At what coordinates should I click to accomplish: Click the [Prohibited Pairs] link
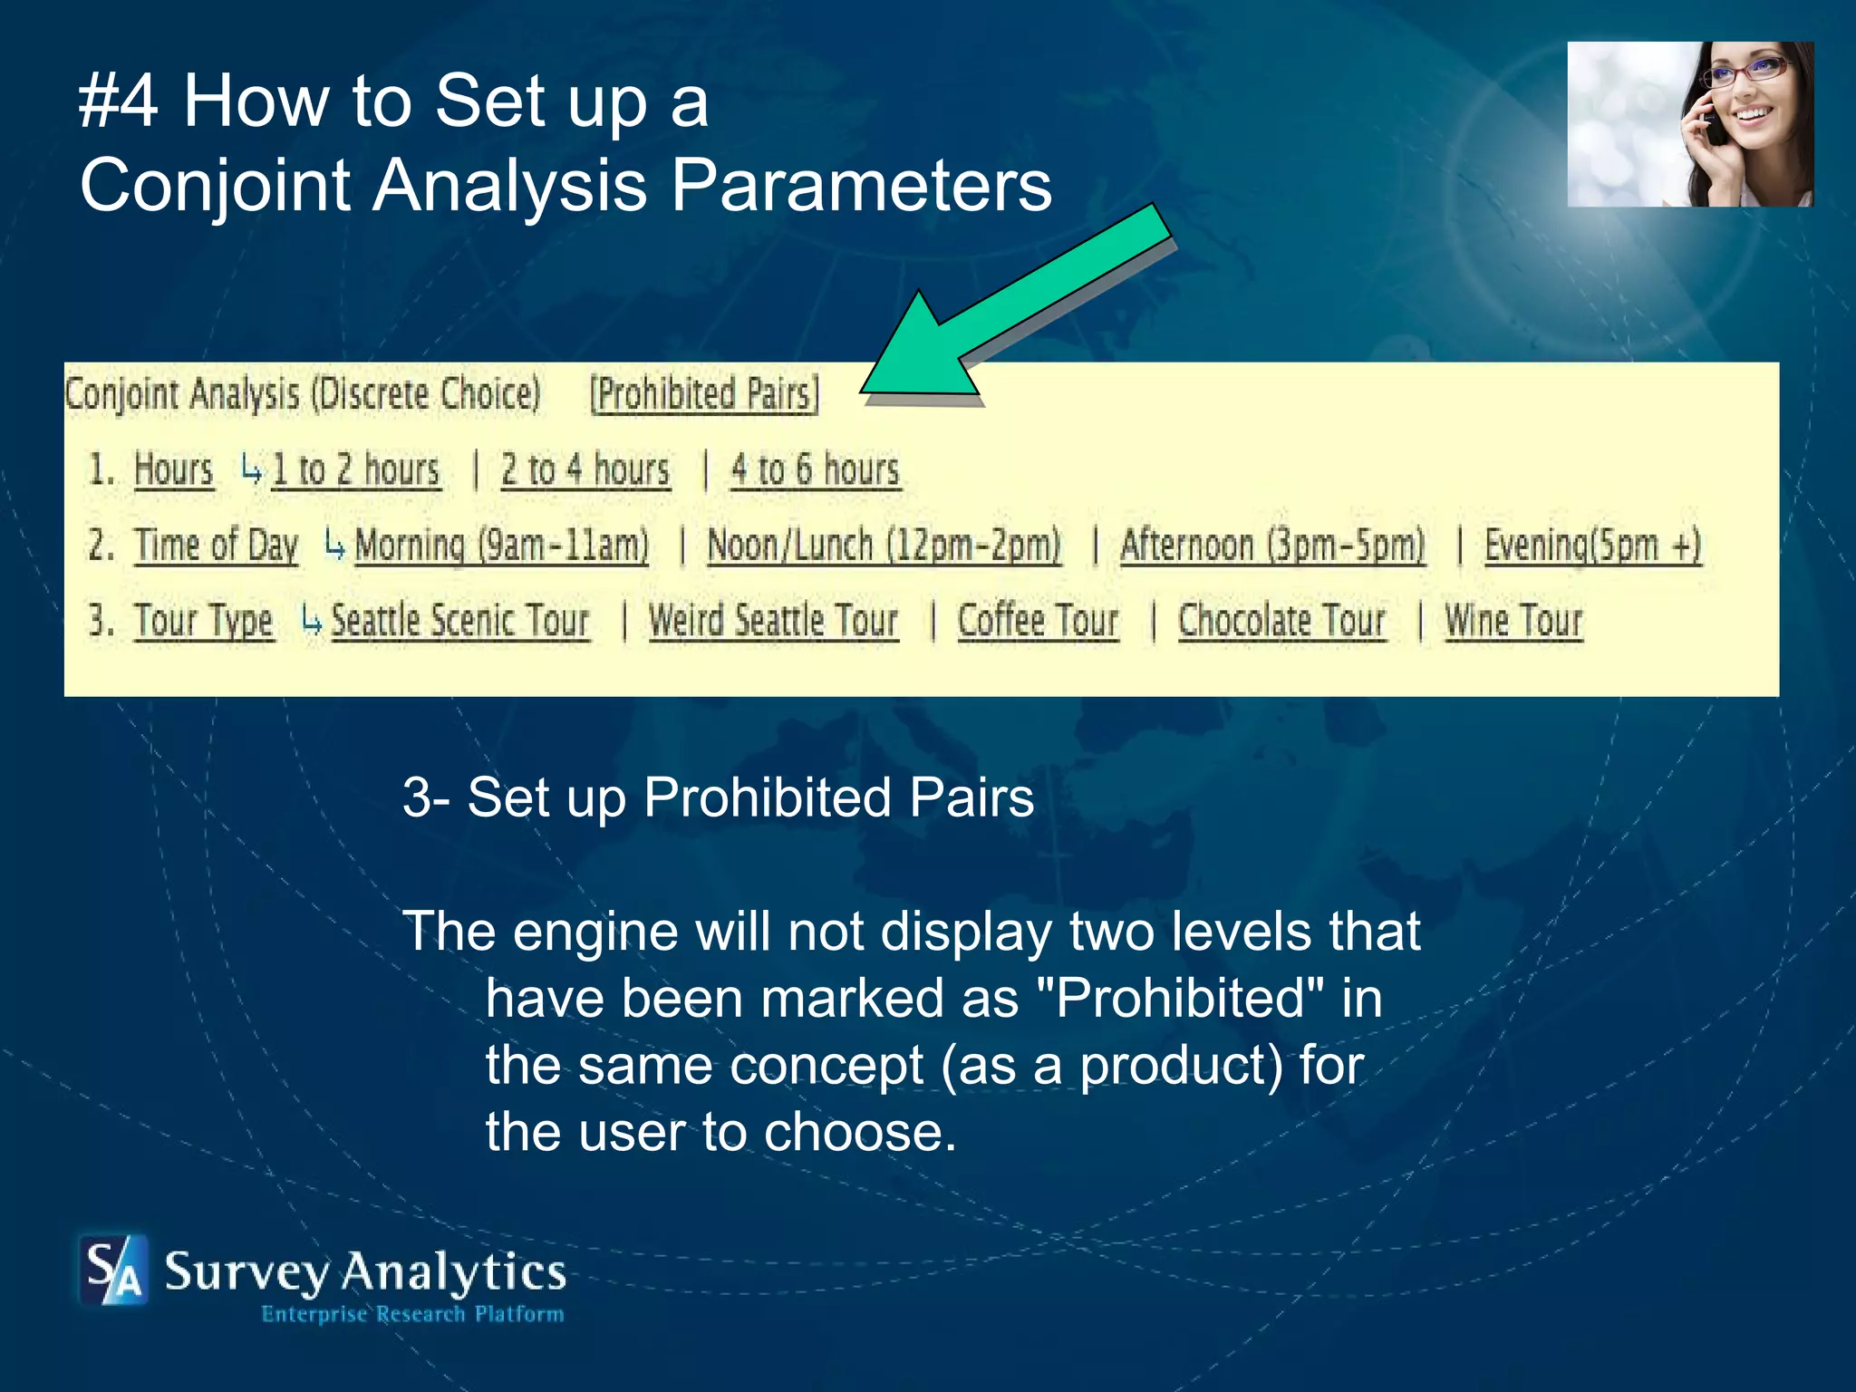(704, 395)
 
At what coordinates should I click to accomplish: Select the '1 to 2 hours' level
(356, 470)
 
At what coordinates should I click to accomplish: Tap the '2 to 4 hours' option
(585, 470)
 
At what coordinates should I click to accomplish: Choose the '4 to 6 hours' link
(816, 470)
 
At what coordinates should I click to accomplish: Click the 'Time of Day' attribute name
(216, 546)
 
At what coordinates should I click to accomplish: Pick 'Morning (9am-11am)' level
(502, 546)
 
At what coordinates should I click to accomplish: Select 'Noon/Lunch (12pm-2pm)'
(884, 546)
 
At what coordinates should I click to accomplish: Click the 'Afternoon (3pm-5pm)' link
(1272, 546)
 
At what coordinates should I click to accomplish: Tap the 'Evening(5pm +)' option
(1592, 546)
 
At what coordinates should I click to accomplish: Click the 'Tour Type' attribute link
(204, 622)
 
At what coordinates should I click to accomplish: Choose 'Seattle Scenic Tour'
(460, 622)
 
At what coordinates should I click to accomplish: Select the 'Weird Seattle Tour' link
(773, 622)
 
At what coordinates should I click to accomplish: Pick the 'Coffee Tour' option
(1039, 622)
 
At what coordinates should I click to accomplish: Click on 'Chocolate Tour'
(1282, 622)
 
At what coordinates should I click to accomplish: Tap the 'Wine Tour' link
(1513, 622)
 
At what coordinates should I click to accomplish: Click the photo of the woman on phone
(1690, 124)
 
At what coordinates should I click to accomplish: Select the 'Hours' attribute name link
(173, 470)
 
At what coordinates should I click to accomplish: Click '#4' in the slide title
(119, 101)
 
